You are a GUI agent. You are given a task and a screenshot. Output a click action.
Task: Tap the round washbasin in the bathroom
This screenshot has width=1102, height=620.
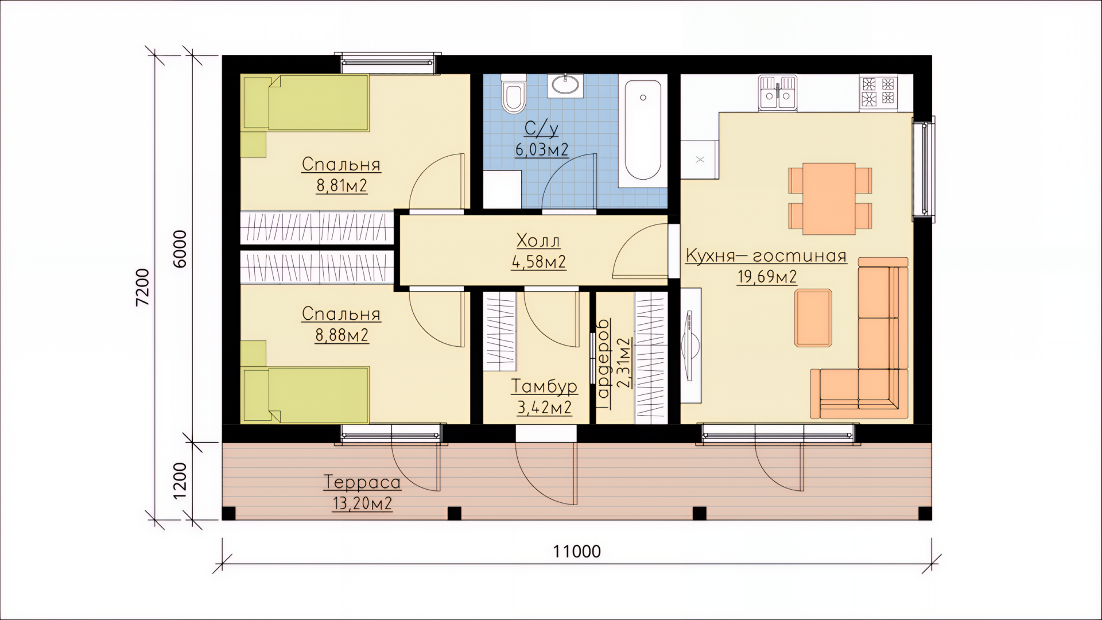tap(565, 85)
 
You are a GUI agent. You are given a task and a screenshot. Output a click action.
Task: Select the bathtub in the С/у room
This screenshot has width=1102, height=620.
tap(642, 130)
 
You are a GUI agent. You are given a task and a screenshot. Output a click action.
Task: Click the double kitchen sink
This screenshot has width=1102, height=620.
tap(778, 92)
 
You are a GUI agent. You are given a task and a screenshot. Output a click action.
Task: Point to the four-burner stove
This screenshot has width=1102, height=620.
tap(878, 92)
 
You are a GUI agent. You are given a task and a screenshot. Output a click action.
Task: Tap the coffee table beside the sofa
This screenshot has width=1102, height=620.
tap(813, 318)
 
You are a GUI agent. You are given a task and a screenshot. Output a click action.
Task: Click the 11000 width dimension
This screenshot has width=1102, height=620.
tap(577, 552)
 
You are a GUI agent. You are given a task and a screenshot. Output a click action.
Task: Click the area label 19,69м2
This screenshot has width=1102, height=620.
tap(767, 277)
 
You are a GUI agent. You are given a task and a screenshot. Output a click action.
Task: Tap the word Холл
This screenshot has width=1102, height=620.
tap(538, 240)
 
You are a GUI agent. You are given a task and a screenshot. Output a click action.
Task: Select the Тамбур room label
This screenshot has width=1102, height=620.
tap(544, 386)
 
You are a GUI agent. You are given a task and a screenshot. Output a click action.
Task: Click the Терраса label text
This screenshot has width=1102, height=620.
tap(362, 482)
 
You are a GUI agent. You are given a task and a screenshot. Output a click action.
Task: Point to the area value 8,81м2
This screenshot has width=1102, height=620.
tap(342, 186)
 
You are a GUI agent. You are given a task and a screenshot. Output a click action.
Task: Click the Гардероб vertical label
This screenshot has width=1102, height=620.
tap(603, 363)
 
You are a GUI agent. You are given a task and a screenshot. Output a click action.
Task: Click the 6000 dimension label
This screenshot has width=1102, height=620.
tap(180, 249)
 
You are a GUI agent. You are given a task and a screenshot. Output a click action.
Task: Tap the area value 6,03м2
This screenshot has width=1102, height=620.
tap(542, 150)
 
